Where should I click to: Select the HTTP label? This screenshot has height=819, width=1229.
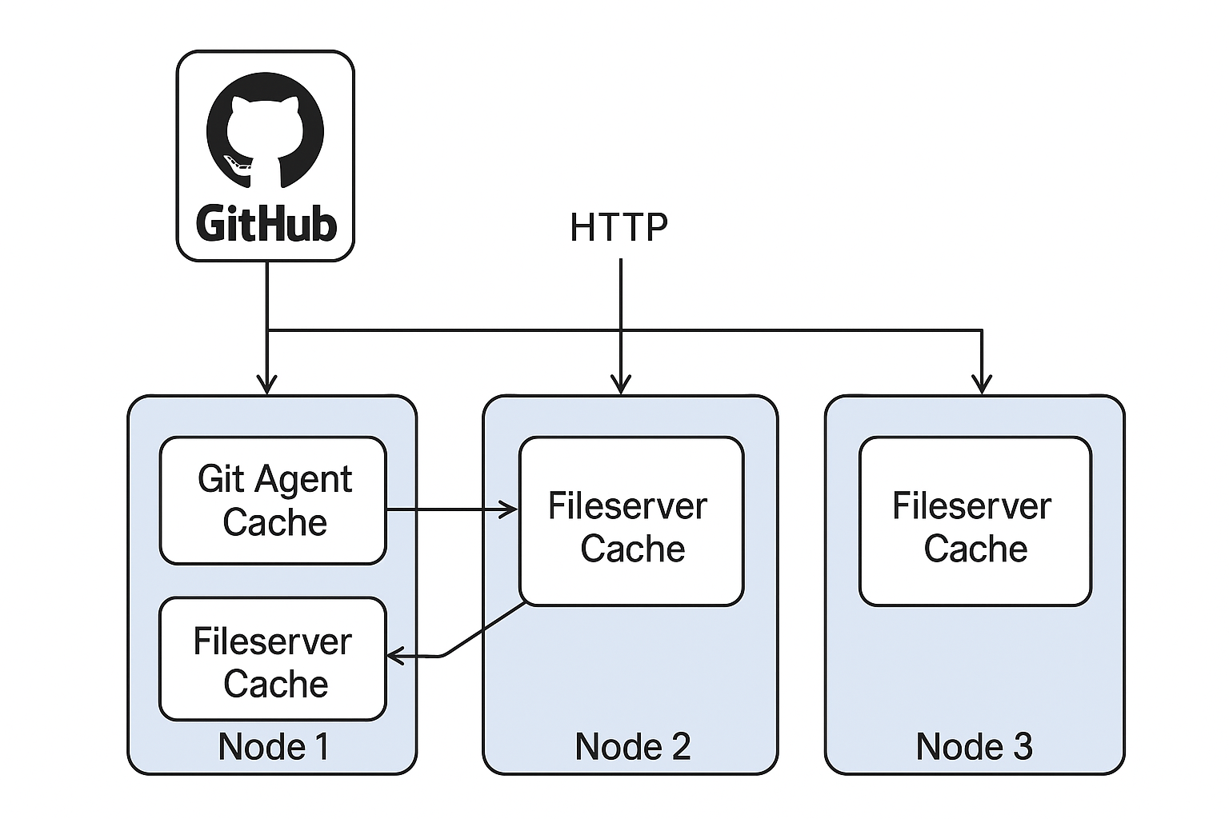coord(619,227)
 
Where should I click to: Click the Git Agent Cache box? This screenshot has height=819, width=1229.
coord(273,501)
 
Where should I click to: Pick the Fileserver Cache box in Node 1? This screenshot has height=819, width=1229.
coord(273,659)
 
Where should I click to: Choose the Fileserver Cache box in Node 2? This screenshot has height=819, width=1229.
coord(631,521)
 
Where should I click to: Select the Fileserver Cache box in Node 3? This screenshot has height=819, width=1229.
coord(975,521)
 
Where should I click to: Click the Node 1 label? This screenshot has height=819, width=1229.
coord(273,746)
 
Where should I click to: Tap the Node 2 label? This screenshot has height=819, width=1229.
coord(632,746)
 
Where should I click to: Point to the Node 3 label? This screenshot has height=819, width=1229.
coord(974,746)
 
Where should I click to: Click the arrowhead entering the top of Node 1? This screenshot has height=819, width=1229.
coord(267,385)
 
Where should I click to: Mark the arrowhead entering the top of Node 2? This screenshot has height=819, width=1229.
coord(620,385)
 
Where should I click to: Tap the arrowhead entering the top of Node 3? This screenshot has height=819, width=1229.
coord(982,385)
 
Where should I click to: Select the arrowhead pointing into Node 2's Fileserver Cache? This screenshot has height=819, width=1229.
coord(510,509)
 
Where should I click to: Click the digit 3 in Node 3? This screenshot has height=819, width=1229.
coord(1023,746)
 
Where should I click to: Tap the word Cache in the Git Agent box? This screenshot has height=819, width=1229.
coord(274,522)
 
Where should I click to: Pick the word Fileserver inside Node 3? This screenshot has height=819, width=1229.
coord(971,505)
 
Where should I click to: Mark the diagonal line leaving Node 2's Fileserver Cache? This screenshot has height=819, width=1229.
coord(484,630)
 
